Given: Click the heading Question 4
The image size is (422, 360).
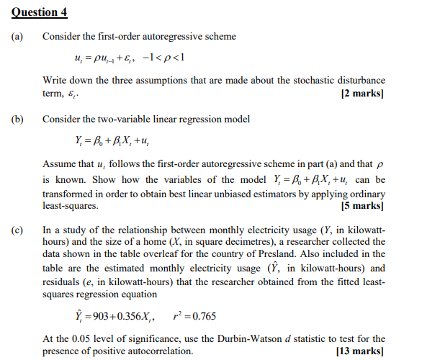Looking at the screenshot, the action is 31,10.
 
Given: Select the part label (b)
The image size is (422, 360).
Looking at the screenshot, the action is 14,119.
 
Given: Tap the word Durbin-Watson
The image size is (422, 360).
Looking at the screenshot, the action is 255,338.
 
